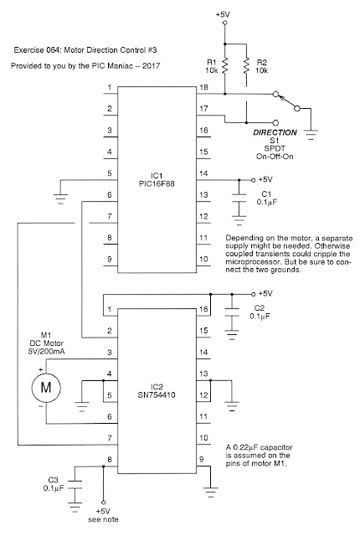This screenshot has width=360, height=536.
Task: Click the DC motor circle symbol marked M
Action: point(46,388)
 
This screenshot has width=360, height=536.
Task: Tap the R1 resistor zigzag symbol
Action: point(224,65)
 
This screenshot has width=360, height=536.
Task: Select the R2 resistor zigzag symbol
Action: point(246,65)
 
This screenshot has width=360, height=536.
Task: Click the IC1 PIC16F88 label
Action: point(157,180)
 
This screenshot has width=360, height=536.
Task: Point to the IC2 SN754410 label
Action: point(157,391)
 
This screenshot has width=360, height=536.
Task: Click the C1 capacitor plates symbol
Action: point(239,198)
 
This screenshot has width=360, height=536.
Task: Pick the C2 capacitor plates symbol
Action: point(232,312)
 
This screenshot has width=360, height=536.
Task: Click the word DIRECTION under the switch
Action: point(275,132)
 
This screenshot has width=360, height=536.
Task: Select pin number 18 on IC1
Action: point(203,87)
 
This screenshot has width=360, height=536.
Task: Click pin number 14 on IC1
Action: point(203,173)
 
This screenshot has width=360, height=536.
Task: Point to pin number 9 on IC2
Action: point(202,460)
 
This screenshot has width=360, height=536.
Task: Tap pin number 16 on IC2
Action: point(203,309)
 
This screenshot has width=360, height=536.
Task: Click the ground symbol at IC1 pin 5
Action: point(60,199)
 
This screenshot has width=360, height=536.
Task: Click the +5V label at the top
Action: point(223,15)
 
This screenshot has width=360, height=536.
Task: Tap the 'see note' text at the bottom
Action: point(103,519)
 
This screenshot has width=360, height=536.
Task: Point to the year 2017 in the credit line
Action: point(151,65)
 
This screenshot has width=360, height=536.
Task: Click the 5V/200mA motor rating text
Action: point(46,351)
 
